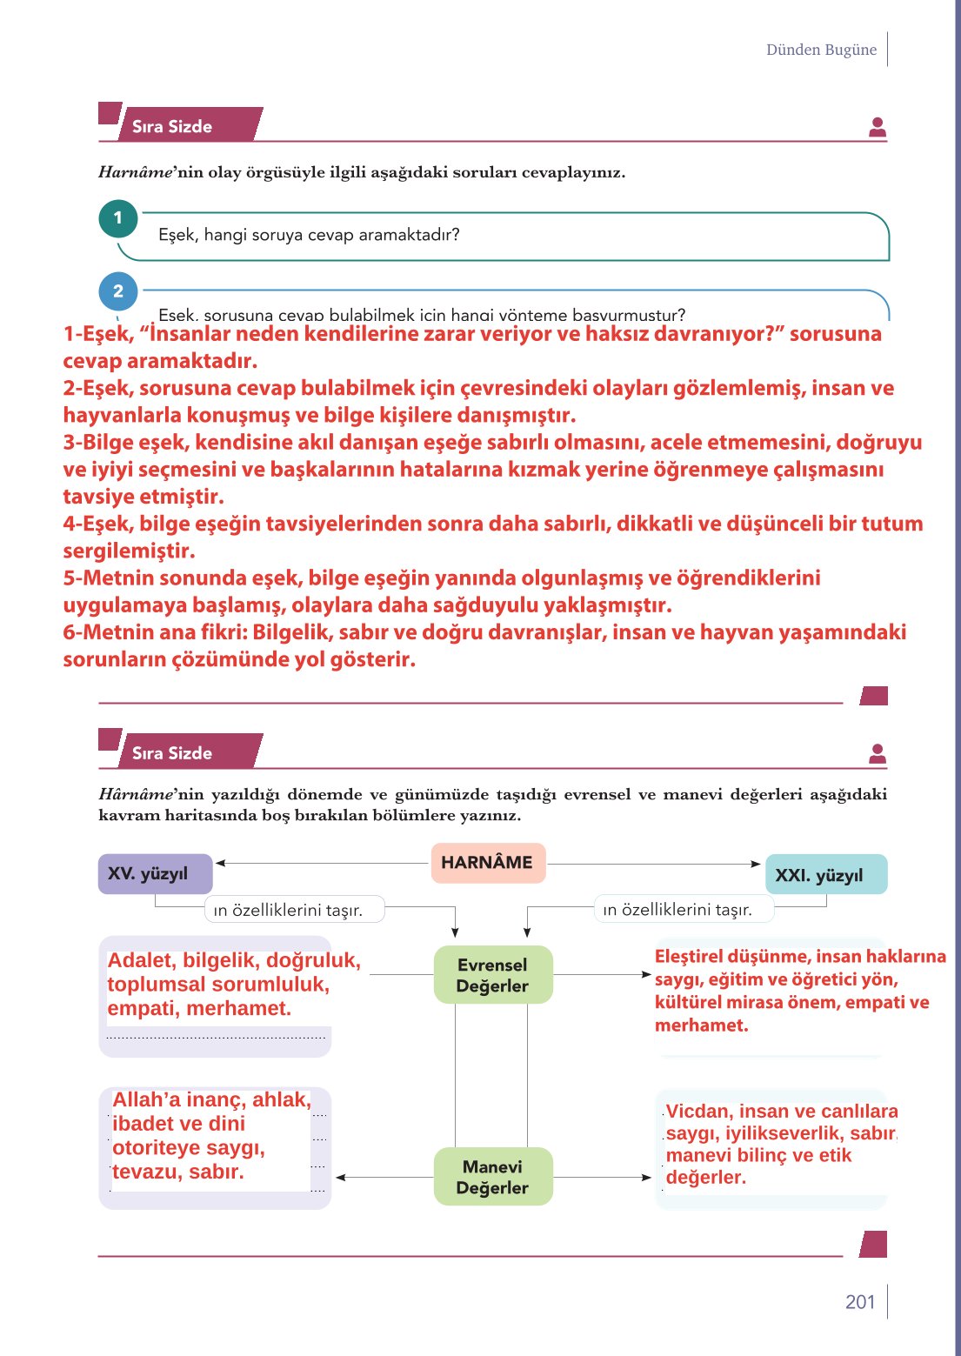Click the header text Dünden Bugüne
point(821,50)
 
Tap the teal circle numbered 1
point(118,218)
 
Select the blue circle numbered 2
point(118,291)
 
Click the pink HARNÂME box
point(488,862)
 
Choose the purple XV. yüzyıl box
point(155,873)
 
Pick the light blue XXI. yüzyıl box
point(825,874)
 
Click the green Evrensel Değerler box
point(492,975)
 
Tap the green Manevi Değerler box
point(492,1177)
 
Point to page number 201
point(859,1301)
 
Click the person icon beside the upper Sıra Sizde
point(878,128)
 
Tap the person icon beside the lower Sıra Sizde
point(878,754)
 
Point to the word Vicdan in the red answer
point(696,1111)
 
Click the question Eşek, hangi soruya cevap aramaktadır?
point(309,235)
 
